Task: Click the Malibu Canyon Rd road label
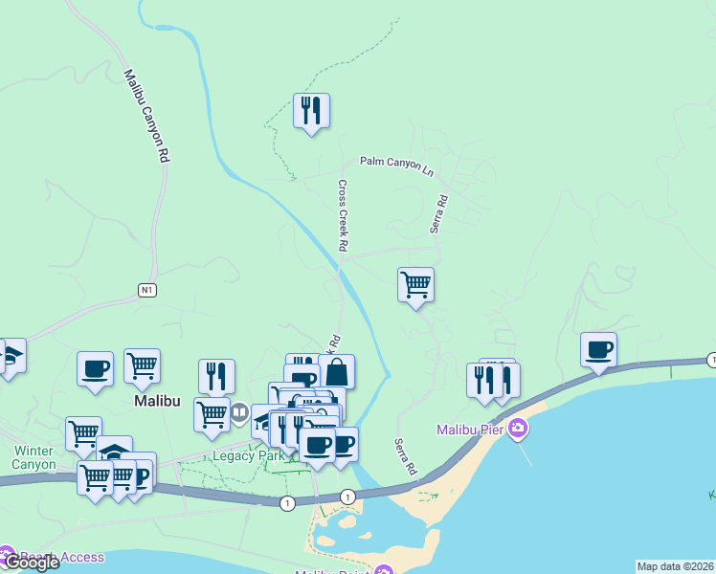(146, 116)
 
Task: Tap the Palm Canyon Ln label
(396, 164)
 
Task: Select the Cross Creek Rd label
(343, 216)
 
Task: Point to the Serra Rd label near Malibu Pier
(406, 458)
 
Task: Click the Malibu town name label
(154, 402)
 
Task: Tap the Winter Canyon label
(34, 457)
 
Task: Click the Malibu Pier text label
(470, 430)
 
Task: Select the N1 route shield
(146, 291)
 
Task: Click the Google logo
(32, 563)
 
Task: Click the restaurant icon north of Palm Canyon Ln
(311, 111)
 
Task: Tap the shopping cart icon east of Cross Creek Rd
(415, 284)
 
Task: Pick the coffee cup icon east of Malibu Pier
(598, 349)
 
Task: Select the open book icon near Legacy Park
(239, 414)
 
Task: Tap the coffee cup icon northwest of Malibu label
(96, 368)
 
